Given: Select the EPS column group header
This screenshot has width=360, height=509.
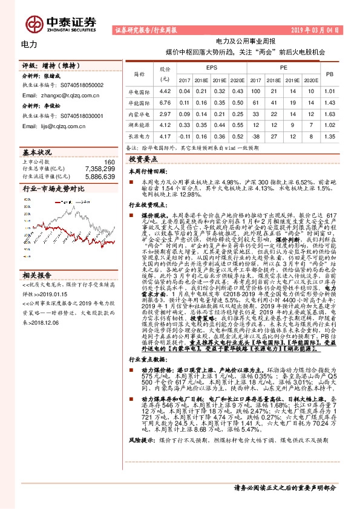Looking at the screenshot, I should point(211,68).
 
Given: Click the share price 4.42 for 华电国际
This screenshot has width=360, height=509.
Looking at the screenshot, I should point(162,91).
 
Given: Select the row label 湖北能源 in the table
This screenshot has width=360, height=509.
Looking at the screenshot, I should point(138,125).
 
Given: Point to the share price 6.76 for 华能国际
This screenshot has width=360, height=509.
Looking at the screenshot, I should point(162,103).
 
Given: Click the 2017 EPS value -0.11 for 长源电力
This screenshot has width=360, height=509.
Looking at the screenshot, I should point(185,137).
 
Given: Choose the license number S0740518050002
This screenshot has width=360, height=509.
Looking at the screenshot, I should point(80,86).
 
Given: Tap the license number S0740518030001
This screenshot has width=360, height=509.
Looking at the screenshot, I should point(80,114).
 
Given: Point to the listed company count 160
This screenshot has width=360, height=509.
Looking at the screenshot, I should point(109,162).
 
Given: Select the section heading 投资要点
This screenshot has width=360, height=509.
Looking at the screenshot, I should point(143,159).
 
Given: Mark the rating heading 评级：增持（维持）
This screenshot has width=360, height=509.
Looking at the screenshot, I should point(48,64).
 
